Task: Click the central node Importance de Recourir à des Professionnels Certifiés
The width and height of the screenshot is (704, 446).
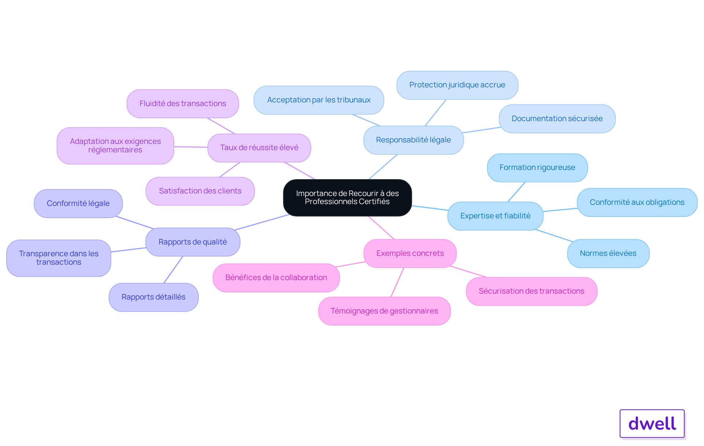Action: pos(347,197)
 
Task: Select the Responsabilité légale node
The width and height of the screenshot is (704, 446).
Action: pos(413,140)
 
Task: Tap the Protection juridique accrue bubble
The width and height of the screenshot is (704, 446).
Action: pos(457,85)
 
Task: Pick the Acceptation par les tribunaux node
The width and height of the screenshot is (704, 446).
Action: pos(319,100)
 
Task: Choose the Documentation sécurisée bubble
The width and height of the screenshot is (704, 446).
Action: pos(557,119)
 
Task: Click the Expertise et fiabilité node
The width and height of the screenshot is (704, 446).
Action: pos(495,216)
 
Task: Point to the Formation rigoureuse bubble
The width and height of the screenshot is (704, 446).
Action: pos(537,168)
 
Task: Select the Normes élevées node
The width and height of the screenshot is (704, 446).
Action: pos(608,253)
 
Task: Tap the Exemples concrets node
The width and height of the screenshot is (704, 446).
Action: pos(410,253)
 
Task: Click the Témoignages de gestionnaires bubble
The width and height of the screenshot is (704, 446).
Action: pos(384,311)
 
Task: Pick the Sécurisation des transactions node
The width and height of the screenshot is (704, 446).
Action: pos(532,291)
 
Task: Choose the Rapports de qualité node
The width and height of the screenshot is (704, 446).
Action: pos(193,242)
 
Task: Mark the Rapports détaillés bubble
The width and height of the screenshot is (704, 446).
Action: pos(154,297)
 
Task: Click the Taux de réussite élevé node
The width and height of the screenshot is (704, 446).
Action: pos(259,148)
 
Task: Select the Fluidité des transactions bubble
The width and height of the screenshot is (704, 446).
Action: pos(183,104)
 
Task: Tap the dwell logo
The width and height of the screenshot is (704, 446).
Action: pos(652,424)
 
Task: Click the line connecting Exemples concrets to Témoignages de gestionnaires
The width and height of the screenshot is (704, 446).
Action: pos(397,282)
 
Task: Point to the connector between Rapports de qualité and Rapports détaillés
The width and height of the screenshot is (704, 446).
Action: pos(173,269)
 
